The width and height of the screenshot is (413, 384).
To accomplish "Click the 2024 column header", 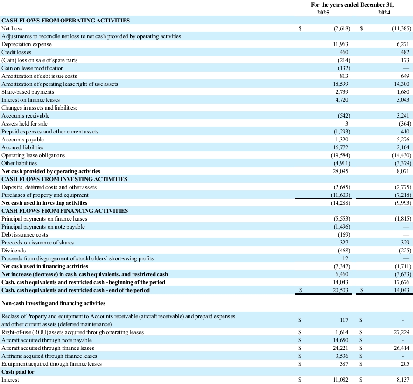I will (x=384, y=13).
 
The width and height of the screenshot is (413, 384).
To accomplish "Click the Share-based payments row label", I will (x=28, y=92).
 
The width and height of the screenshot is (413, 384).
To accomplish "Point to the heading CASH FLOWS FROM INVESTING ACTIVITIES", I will (x=64, y=179).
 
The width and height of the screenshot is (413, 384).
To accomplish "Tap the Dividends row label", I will (x=14, y=251).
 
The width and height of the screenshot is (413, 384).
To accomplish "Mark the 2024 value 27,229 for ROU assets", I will (x=400, y=332).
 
